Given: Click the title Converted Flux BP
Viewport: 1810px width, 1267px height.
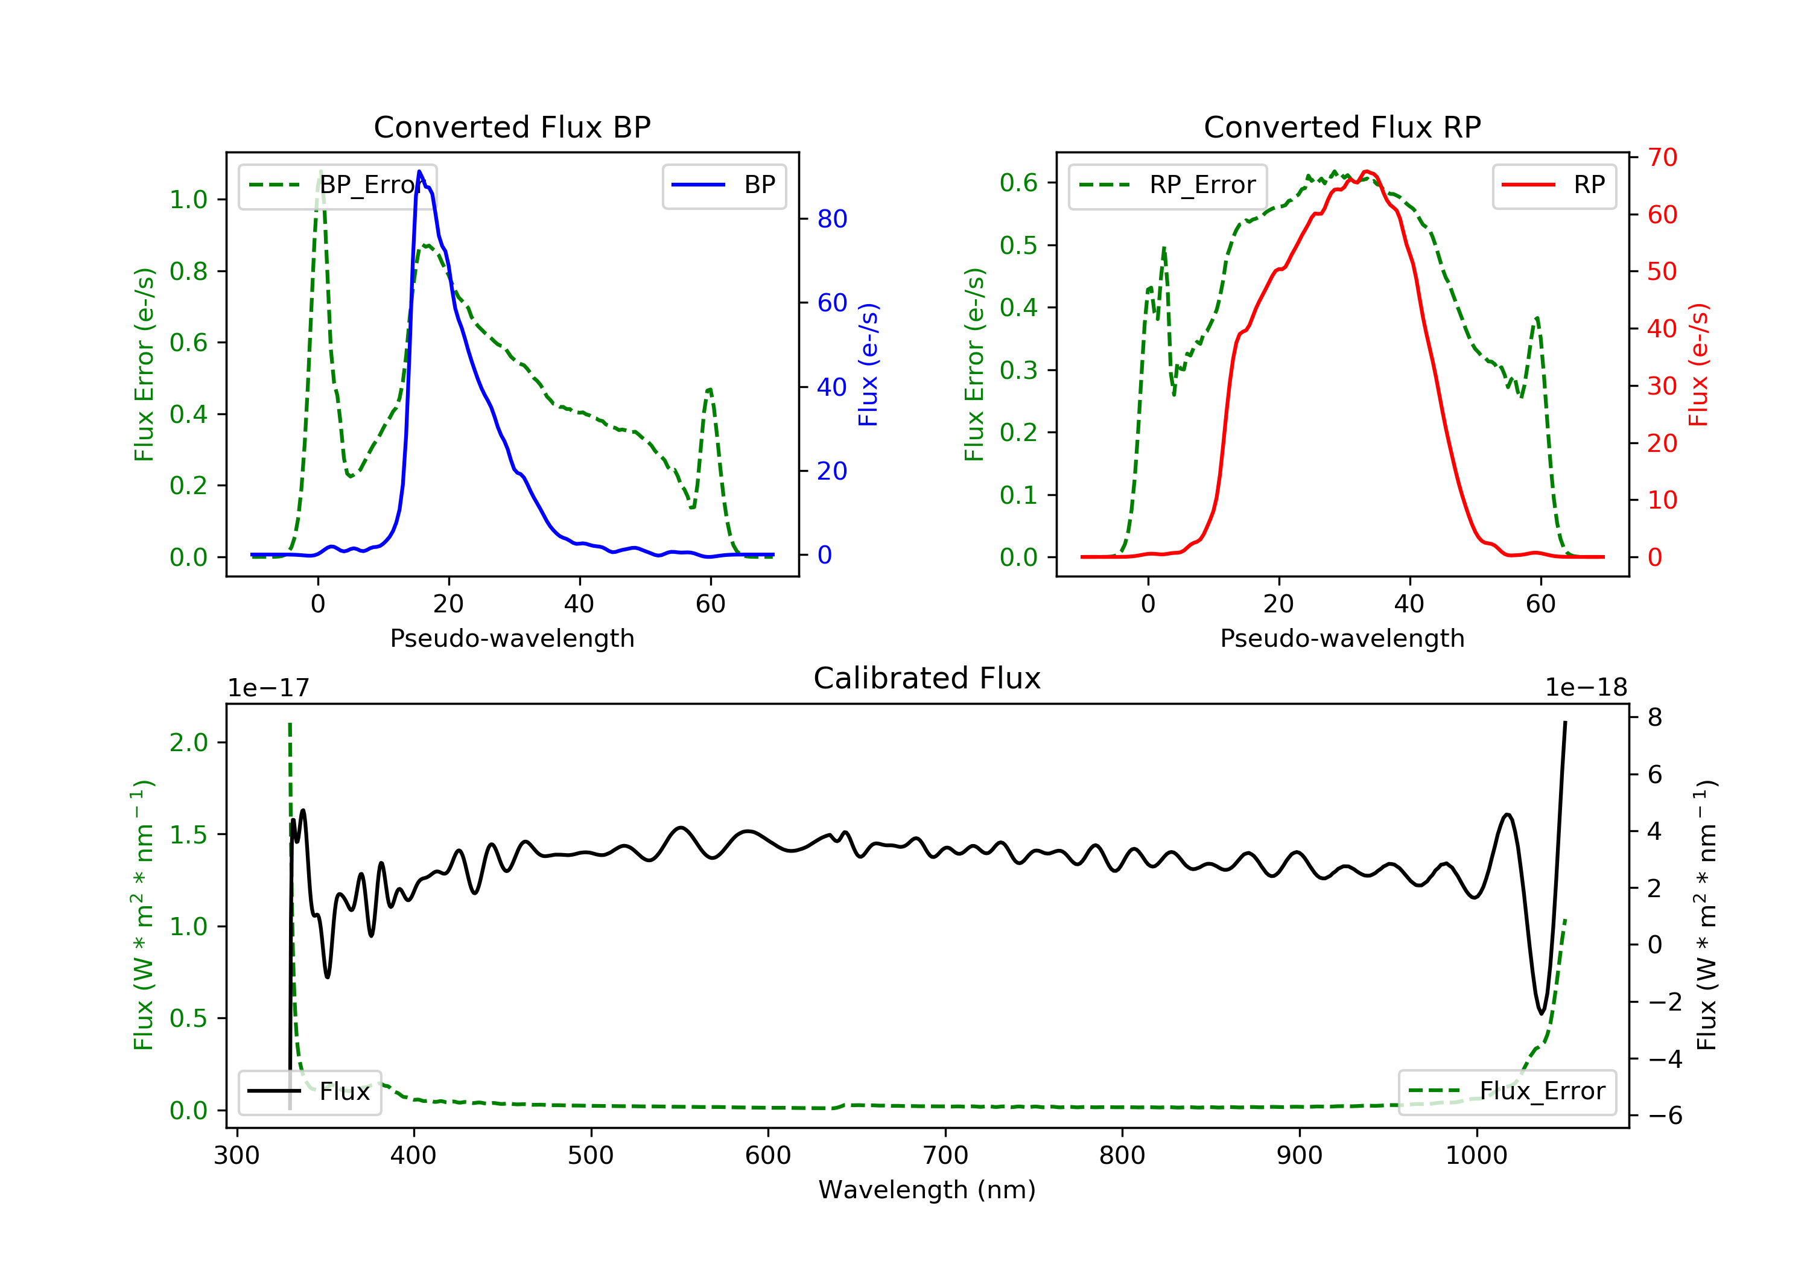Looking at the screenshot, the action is pyautogui.click(x=512, y=127).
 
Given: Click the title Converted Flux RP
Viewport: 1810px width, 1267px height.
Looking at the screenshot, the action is pyautogui.click(x=1342, y=127).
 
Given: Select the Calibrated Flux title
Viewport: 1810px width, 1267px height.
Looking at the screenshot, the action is pyautogui.click(x=927, y=678).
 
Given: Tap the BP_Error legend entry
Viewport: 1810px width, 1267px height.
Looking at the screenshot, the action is pyautogui.click(x=337, y=185).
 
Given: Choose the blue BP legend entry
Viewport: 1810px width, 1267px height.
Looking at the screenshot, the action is pyautogui.click(x=723, y=185).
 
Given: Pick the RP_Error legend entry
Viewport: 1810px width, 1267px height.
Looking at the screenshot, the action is pyautogui.click(x=1167, y=185).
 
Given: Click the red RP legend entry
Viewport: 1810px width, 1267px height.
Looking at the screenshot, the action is pyautogui.click(x=1554, y=185).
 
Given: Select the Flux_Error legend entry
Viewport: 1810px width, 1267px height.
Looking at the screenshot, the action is pyautogui.click(x=1507, y=1091).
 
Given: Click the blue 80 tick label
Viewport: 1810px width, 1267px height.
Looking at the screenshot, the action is pyautogui.click(x=831, y=218).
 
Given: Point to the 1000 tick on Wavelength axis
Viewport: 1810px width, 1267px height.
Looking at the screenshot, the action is pyautogui.click(x=1476, y=1155).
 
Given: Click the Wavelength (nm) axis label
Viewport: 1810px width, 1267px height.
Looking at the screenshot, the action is pyautogui.click(x=927, y=1190).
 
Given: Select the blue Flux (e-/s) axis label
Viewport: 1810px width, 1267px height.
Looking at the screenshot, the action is pyautogui.click(x=868, y=364).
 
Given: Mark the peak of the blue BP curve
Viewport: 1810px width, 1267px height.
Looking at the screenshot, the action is pyautogui.click(x=419, y=171).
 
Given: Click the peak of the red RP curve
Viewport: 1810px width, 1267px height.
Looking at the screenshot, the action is pyautogui.click(x=1366, y=171).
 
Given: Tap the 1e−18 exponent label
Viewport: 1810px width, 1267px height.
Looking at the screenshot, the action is pyautogui.click(x=1586, y=688).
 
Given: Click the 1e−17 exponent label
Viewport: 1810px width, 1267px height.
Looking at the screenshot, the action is pyautogui.click(x=269, y=688).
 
